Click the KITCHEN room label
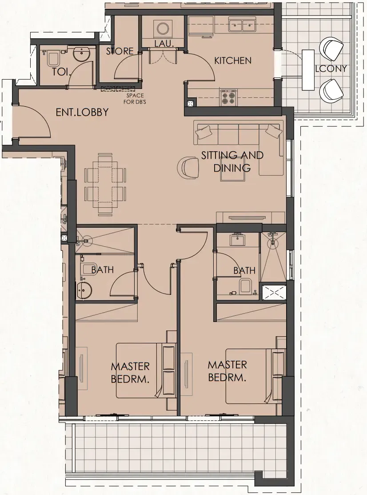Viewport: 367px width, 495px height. (x=233, y=60)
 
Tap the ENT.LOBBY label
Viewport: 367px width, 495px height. (x=82, y=112)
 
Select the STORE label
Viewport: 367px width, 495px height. (x=120, y=51)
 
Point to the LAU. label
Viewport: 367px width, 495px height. (x=164, y=44)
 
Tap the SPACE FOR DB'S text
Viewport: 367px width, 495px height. (x=135, y=98)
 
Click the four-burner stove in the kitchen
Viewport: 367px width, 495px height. (x=228, y=97)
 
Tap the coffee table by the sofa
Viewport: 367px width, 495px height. (x=233, y=173)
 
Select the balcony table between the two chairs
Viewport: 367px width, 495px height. (x=308, y=70)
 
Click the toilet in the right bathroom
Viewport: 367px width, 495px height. (x=245, y=286)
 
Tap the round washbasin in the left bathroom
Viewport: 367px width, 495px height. (x=84, y=290)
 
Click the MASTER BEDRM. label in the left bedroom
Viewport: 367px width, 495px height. (x=130, y=373)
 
